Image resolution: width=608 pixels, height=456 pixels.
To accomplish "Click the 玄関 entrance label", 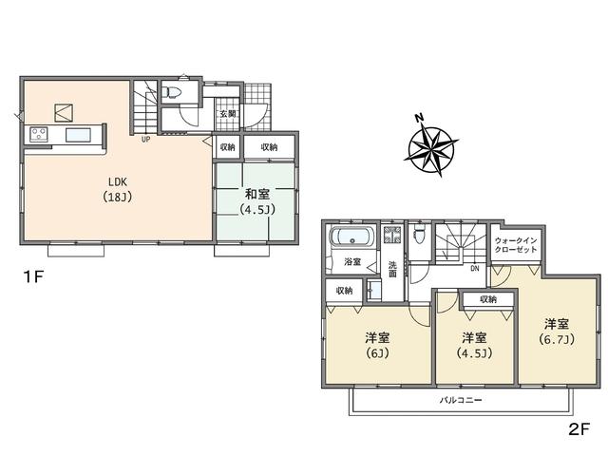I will tap(229, 116).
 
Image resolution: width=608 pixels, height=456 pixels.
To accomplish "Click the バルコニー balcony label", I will tap(461, 401).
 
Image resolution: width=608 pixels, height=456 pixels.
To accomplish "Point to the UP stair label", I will tap(146, 141).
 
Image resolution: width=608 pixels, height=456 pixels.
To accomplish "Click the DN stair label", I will tap(474, 269).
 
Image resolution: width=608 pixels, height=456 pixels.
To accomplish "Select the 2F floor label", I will tap(579, 428).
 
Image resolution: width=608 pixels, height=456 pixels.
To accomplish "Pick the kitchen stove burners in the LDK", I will tap(40, 134).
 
